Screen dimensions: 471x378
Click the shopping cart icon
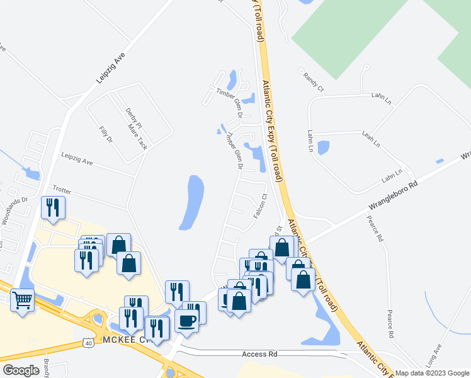(23, 300)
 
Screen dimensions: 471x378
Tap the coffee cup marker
(186, 321)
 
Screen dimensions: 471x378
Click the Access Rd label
(259, 355)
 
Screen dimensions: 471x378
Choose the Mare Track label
(137, 136)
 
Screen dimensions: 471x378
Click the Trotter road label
(62, 188)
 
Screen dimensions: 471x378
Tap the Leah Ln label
(371, 140)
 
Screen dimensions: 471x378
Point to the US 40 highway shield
(88, 341)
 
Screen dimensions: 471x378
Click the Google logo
(21, 370)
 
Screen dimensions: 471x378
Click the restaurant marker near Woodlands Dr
(52, 207)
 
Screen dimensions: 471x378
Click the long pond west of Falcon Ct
(192, 202)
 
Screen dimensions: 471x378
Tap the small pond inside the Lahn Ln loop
(323, 147)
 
